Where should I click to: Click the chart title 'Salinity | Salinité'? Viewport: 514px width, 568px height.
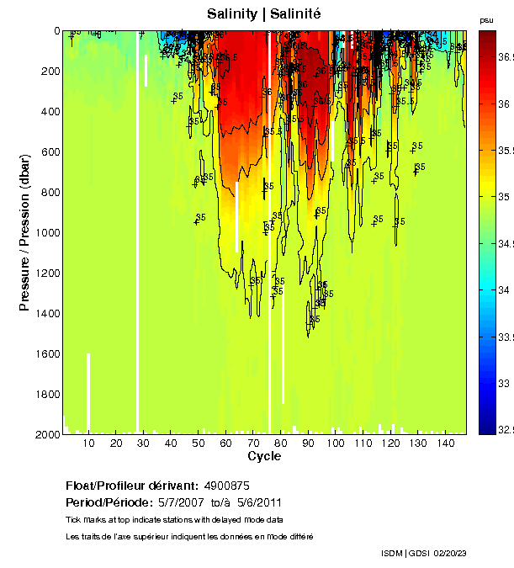(x=264, y=13)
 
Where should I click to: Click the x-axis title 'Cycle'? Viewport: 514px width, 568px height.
(x=264, y=456)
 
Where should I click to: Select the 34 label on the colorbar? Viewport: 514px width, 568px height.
(x=502, y=289)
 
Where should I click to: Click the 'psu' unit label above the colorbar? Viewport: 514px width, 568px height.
(x=486, y=20)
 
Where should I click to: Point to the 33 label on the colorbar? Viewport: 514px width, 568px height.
(x=502, y=383)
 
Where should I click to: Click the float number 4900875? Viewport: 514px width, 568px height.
(x=227, y=486)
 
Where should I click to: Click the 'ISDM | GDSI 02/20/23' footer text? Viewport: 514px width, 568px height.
(x=423, y=553)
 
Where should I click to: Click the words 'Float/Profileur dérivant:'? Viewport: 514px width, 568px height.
(x=132, y=486)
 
